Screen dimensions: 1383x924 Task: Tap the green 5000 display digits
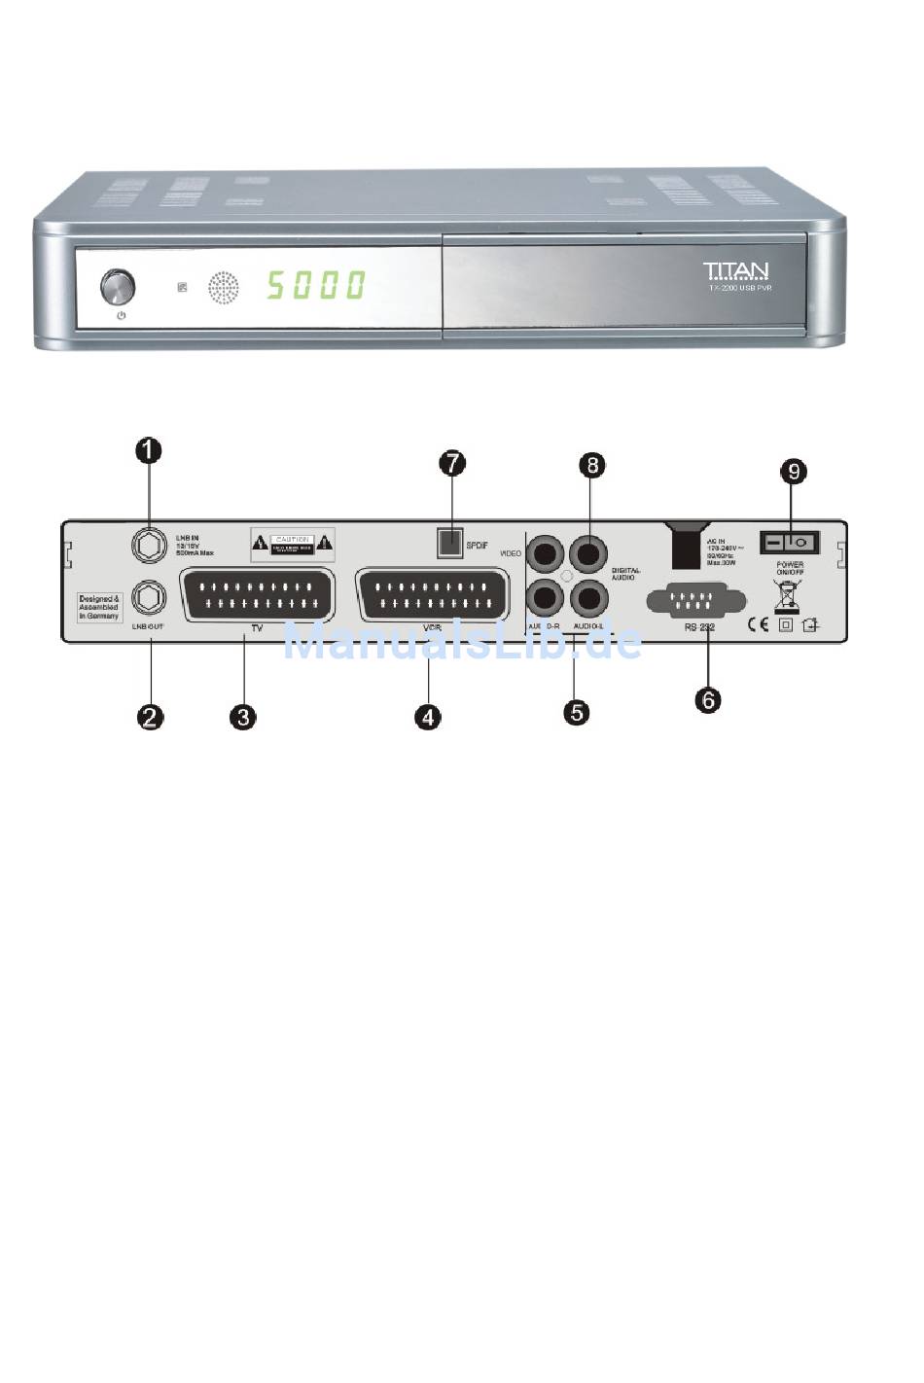(x=316, y=285)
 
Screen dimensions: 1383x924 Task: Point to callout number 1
(x=148, y=450)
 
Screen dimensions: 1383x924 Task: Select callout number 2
(x=150, y=718)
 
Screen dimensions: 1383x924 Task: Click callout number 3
(x=242, y=718)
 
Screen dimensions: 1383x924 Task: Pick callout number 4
(x=427, y=718)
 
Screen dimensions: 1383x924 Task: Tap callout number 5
(x=577, y=712)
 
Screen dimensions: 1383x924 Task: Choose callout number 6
(x=708, y=699)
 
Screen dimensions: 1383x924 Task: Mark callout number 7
(x=452, y=463)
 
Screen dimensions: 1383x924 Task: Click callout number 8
(x=591, y=464)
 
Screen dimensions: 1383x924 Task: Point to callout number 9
(x=795, y=472)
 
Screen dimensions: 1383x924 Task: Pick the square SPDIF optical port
(x=448, y=543)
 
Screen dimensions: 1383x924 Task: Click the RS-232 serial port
(x=695, y=600)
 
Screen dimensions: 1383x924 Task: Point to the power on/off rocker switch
(x=789, y=542)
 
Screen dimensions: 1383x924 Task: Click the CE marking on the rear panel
(x=758, y=624)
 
